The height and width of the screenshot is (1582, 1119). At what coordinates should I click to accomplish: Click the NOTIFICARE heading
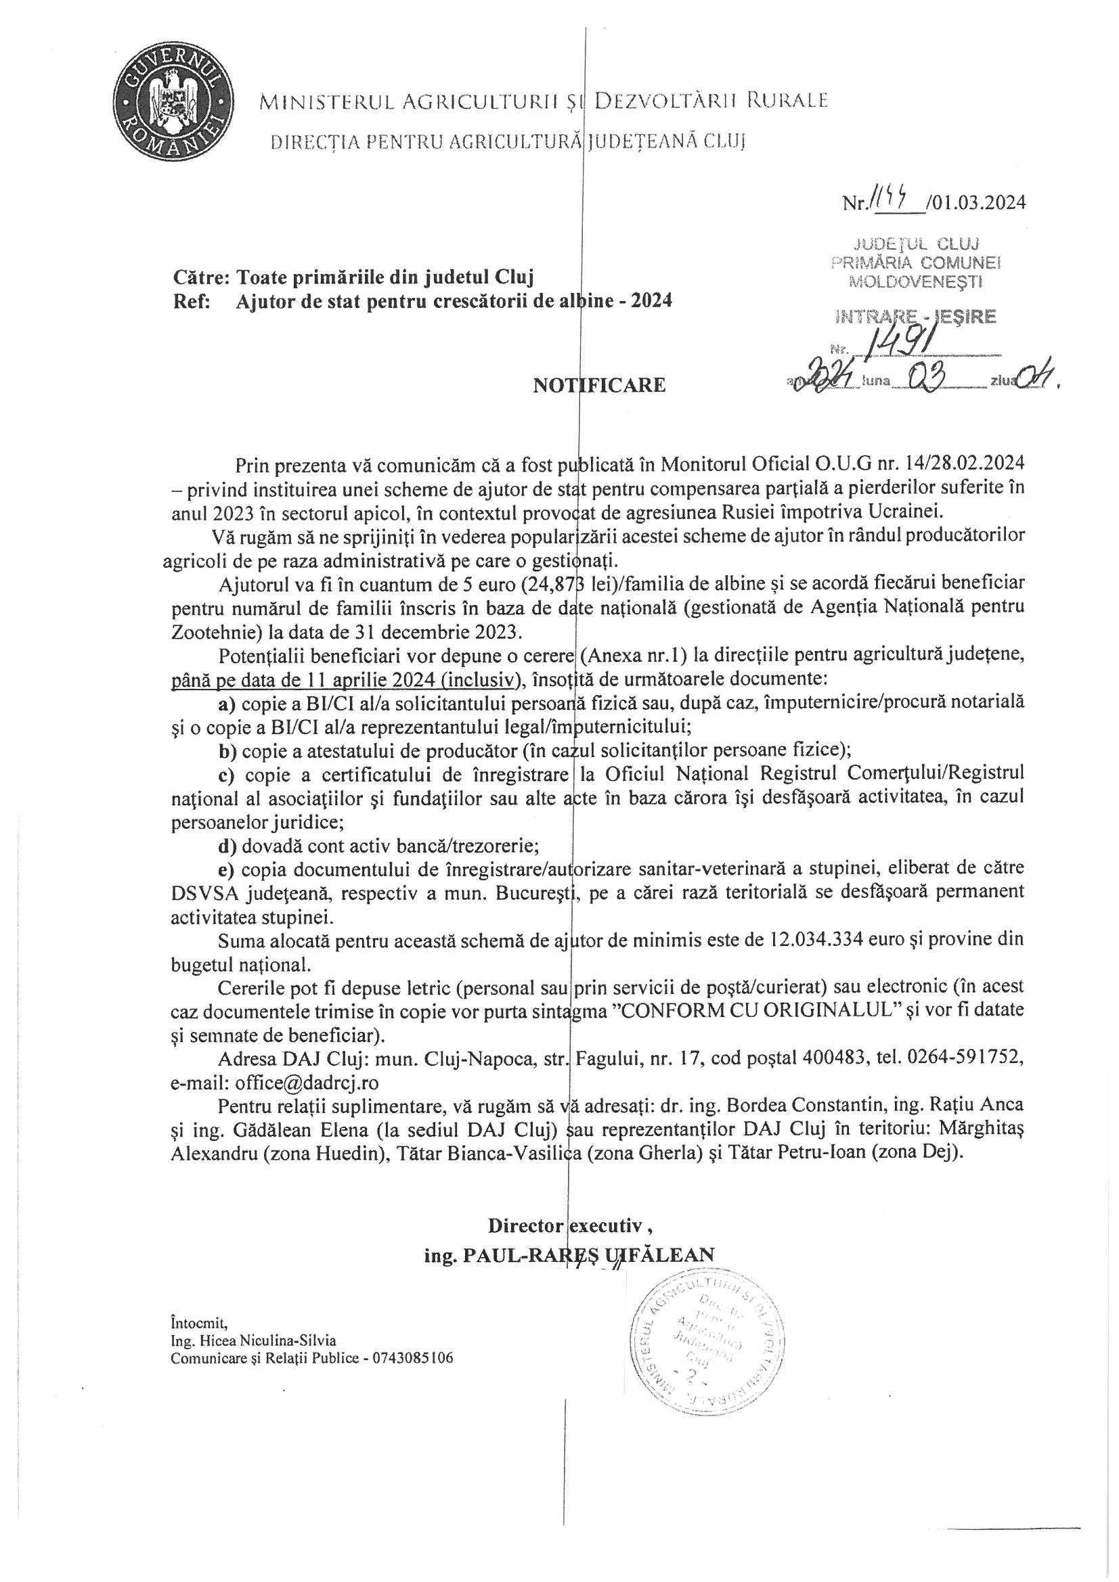click(x=599, y=384)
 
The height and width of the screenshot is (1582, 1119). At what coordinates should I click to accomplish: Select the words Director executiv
click(x=569, y=1226)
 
